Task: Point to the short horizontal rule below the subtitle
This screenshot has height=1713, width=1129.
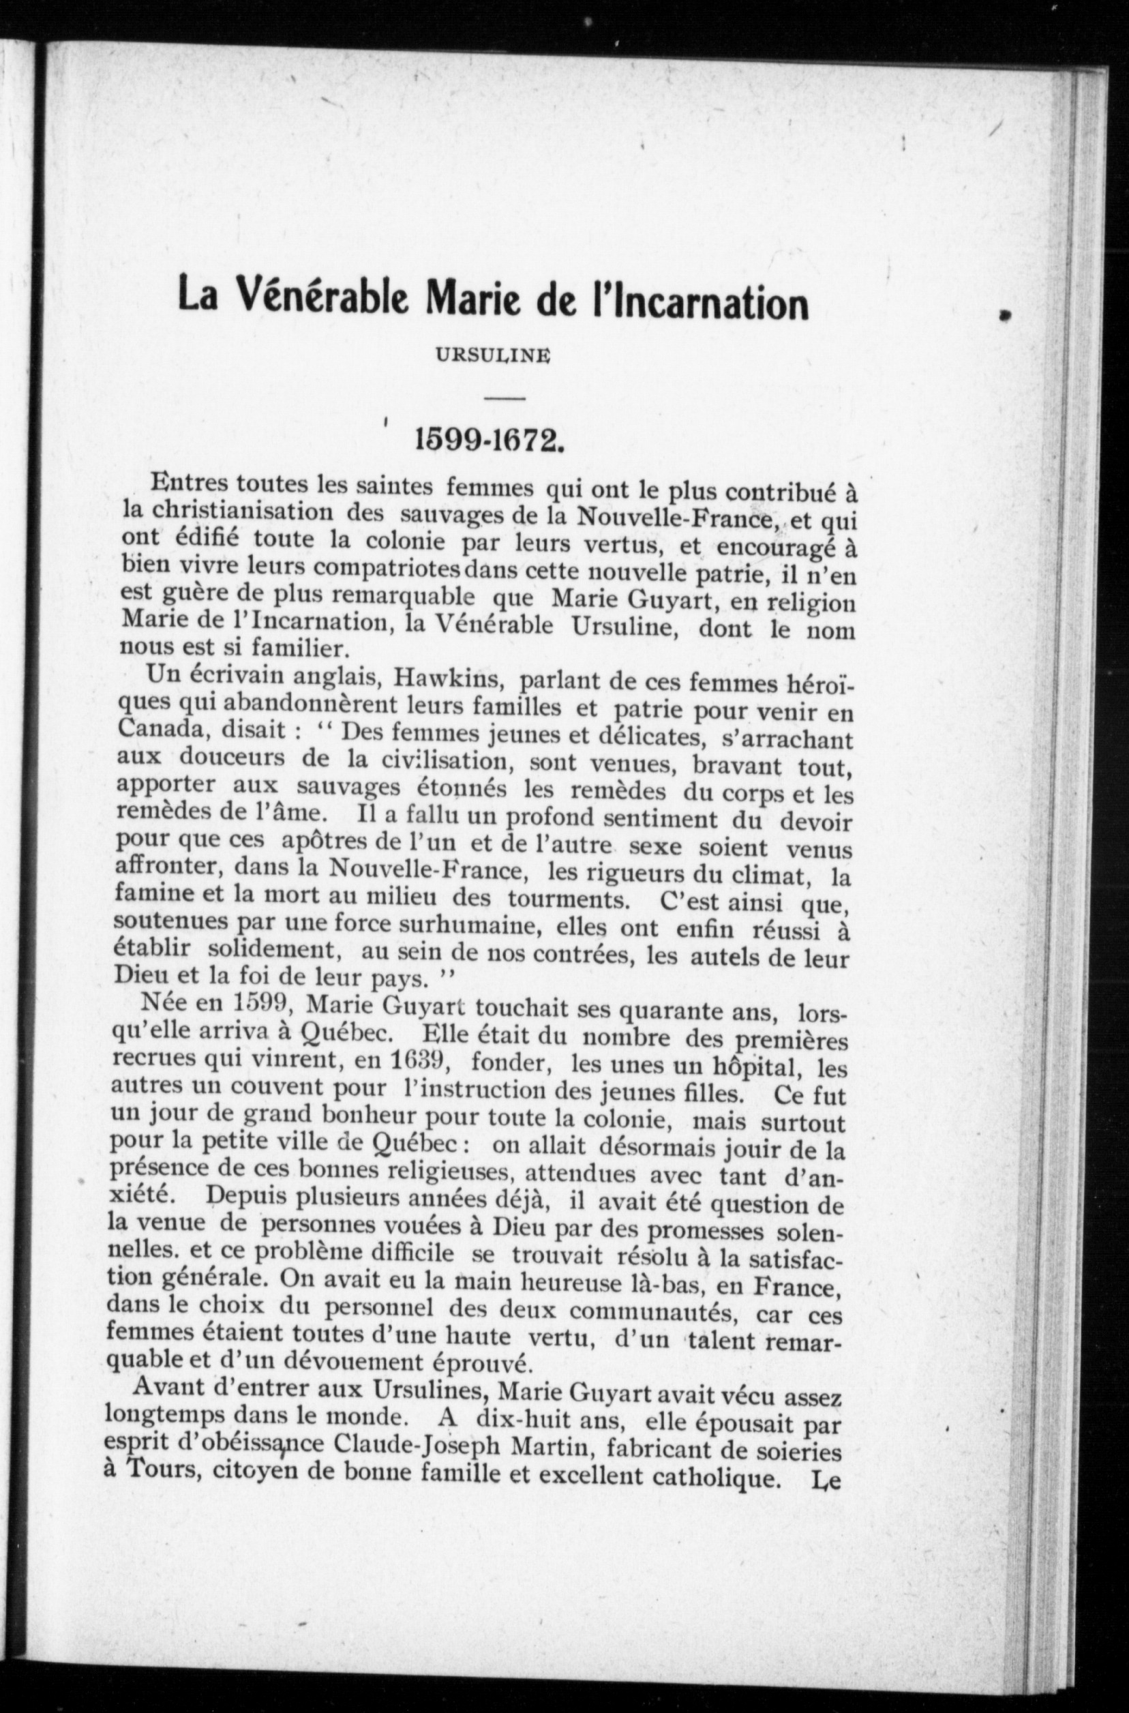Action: click(505, 398)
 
